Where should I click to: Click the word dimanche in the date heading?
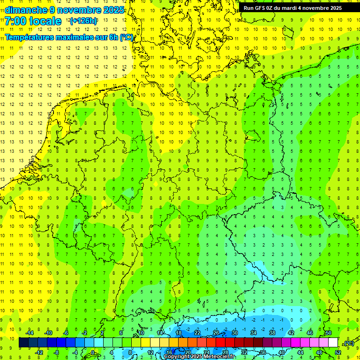(x=25, y=10)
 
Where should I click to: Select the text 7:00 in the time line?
(x=15, y=21)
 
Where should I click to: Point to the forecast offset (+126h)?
(x=83, y=21)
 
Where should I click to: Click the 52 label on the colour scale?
(x=338, y=352)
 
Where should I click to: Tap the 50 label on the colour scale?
(x=328, y=333)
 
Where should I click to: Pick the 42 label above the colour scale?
(x=291, y=333)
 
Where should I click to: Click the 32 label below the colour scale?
(x=244, y=352)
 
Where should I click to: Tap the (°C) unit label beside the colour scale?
(x=349, y=344)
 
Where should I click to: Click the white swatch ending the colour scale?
(x=333, y=343)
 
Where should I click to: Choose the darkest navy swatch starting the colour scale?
(x=23, y=343)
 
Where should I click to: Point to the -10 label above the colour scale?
(x=48, y=333)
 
